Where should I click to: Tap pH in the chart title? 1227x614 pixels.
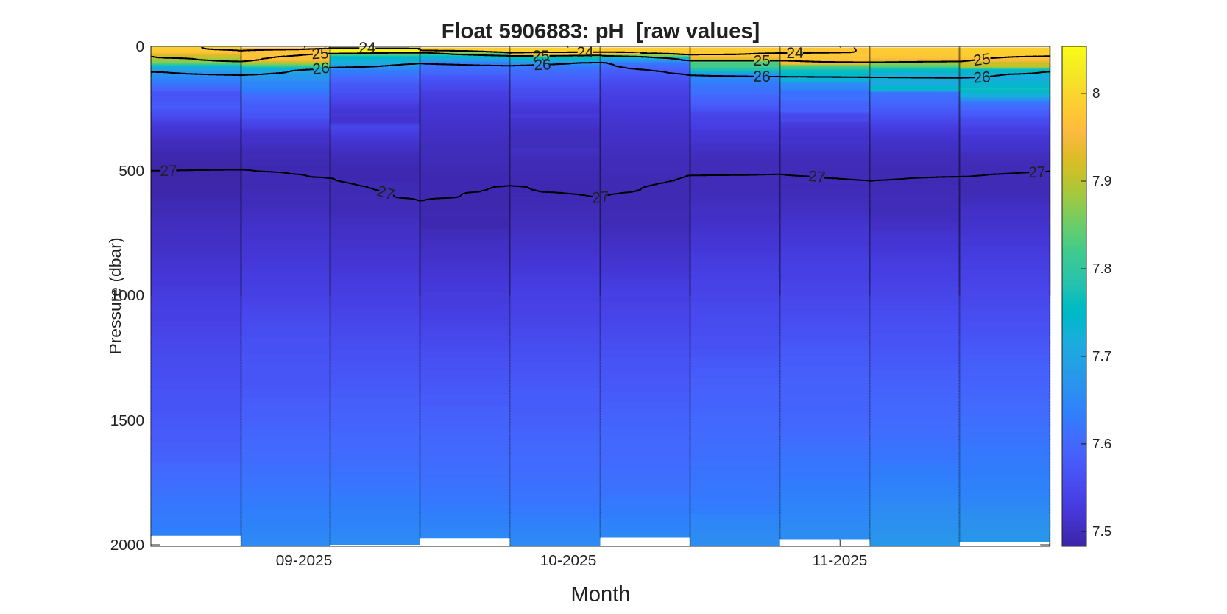point(609,31)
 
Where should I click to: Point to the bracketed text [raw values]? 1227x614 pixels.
point(697,31)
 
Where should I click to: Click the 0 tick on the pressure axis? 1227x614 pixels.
point(140,47)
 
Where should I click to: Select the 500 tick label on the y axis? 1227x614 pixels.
point(131,171)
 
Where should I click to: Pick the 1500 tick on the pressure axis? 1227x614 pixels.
point(127,420)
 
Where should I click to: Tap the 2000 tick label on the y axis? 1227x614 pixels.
point(127,545)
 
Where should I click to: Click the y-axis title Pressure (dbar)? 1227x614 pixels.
point(115,296)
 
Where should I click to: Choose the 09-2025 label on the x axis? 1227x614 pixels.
point(304,560)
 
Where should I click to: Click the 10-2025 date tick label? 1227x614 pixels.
point(568,560)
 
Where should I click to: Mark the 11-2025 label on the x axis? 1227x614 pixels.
point(839,560)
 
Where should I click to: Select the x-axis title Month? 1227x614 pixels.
point(600,594)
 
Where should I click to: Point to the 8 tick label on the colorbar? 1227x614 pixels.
point(1096,93)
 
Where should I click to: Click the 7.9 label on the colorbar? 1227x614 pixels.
point(1101,181)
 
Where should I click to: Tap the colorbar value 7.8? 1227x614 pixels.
point(1101,269)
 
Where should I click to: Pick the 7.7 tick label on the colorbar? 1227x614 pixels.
point(1101,356)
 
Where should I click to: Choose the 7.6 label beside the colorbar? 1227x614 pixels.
point(1101,444)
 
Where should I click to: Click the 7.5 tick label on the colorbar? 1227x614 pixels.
point(1101,532)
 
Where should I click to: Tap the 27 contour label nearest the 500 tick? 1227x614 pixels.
point(169,171)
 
